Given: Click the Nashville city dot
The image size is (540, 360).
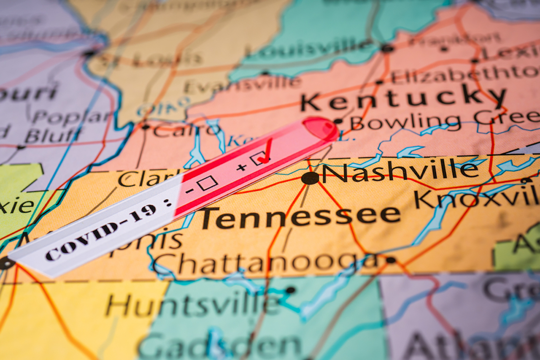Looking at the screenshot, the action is pos(310,178).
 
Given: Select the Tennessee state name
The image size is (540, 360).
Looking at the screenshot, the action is pos(300,217).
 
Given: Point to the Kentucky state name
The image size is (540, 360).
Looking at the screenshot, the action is pos(403,99).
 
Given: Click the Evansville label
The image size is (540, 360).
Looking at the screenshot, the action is pos(243,85).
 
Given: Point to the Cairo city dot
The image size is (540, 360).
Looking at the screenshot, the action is pos(145,127).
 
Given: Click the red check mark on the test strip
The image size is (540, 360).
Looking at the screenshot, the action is pos(265,152).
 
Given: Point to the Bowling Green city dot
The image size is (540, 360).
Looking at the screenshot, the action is pos(338,121).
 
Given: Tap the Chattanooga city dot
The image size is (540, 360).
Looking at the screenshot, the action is pos(390,260).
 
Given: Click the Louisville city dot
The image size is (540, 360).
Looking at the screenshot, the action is pos(385,48).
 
